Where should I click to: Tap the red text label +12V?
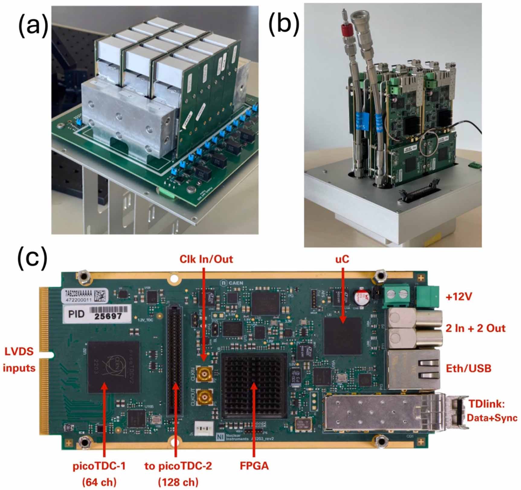[459, 297]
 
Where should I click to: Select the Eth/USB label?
[468, 368]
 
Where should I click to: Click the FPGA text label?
[254, 466]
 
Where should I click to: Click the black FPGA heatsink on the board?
[254, 386]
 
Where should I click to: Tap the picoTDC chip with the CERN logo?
[114, 367]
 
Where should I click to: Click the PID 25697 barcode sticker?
[97, 314]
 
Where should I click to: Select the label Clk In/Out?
[206, 259]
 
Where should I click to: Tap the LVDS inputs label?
[19, 360]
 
